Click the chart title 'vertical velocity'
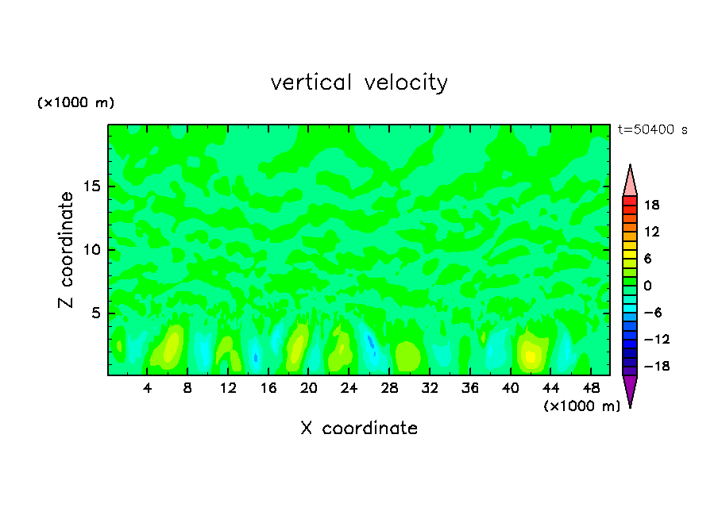point(359,83)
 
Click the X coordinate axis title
point(359,429)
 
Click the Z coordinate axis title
point(67,250)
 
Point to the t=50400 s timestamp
point(653,129)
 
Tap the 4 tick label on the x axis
point(148,388)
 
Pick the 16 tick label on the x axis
point(268,388)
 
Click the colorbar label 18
point(652,206)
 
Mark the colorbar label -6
point(652,313)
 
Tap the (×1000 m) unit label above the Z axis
point(76,103)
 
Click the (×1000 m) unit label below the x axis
point(581,406)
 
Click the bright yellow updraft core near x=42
point(531,356)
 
